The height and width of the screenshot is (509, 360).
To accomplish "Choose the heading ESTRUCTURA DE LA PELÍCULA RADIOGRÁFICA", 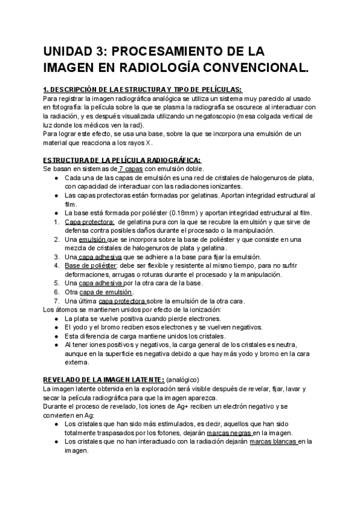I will [122, 160].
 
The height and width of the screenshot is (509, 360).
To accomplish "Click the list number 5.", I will [56, 283].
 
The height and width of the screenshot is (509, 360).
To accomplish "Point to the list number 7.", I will [56, 300].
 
